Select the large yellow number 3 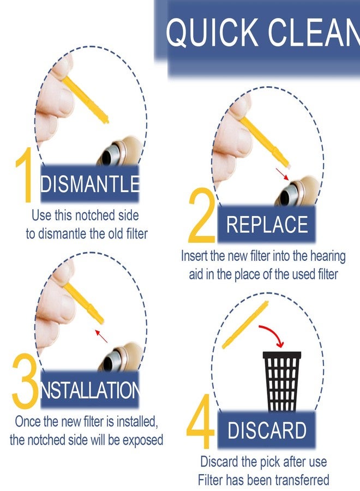click(x=25, y=381)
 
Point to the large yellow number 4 click(x=200, y=421)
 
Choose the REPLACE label click(x=267, y=224)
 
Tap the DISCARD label click(x=267, y=430)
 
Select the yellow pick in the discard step click(x=245, y=325)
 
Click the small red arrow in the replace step click(x=282, y=174)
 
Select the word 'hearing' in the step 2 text click(x=328, y=257)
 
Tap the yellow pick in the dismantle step click(x=85, y=100)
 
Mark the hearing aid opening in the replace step click(x=287, y=196)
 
